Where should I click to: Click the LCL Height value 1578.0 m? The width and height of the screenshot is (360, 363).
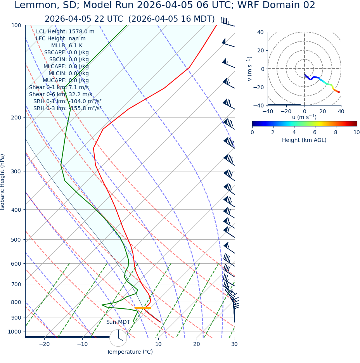pyautogui.click(x=81, y=32)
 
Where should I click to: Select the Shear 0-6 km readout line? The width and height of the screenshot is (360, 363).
pyautogui.click(x=61, y=95)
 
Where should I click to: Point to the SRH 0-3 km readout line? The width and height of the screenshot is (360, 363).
pyautogui.click(x=67, y=109)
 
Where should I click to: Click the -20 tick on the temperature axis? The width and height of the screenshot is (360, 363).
pyautogui.click(x=44, y=344)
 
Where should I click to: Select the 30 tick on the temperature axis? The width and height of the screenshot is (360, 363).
pyautogui.click(x=234, y=344)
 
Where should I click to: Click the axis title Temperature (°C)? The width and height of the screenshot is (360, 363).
pyautogui.click(x=130, y=352)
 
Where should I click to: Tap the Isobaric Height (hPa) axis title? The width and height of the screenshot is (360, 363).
pyautogui.click(x=3, y=182)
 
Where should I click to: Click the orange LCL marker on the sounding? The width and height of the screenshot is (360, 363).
pyautogui.click(x=142, y=308)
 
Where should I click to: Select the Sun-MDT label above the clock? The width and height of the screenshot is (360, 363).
pyautogui.click(x=118, y=322)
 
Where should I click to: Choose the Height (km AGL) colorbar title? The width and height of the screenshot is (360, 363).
pyautogui.click(x=304, y=140)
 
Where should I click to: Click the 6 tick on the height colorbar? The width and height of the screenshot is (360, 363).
pyautogui.click(x=315, y=133)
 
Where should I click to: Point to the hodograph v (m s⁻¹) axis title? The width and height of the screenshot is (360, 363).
pyautogui.click(x=250, y=69)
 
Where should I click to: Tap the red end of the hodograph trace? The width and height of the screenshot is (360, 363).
pyautogui.click(x=339, y=92)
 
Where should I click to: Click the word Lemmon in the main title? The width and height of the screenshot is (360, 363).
pyautogui.click(x=33, y=5)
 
